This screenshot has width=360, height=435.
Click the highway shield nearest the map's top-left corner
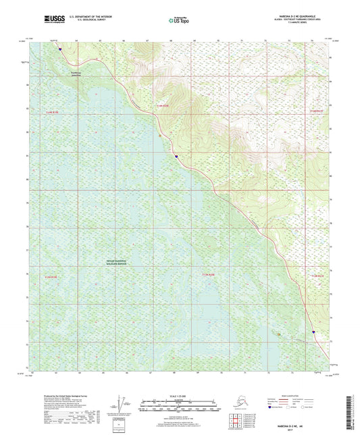tap(59, 48)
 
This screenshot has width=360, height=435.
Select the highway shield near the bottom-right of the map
tap(313, 332)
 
